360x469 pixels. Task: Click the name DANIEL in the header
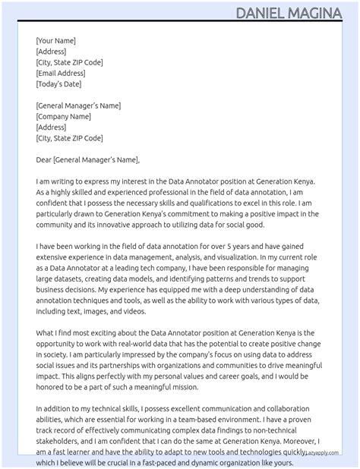(x=261, y=13)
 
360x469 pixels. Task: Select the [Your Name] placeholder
(x=55, y=41)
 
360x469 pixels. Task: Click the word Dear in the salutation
(x=43, y=160)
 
